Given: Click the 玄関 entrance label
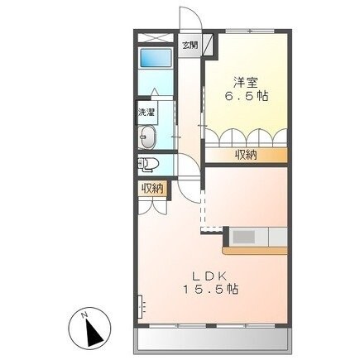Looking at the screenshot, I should [190, 45].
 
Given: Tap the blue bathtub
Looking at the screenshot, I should [153, 60].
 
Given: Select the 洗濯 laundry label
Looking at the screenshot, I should [145, 112].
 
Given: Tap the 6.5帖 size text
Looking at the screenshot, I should [244, 97].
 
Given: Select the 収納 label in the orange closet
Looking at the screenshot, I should [244, 154].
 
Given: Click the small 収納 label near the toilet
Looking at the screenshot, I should [151, 190].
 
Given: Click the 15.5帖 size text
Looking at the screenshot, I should [211, 290].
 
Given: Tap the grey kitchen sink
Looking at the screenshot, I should [244, 237].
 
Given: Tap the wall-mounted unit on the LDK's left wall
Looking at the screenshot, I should [141, 305].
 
